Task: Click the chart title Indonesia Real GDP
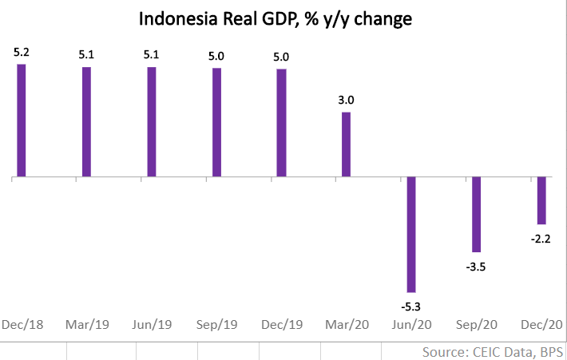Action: pos(276,18)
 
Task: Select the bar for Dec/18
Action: pos(22,120)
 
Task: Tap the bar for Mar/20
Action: pos(347,144)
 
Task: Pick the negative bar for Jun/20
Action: pos(411,234)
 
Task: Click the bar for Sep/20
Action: pos(477,214)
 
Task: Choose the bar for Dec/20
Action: pos(541,200)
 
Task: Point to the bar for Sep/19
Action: pos(216,122)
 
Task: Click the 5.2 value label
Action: pos(22,53)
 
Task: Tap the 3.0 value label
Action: pos(347,101)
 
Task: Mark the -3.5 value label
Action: pos(477,266)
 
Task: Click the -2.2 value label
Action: pos(541,237)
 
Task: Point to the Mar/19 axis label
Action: pos(86,325)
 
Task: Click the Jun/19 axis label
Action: pos(152,325)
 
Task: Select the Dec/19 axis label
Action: pos(282,325)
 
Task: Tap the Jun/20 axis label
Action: pos(411,325)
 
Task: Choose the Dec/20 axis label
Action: pos(540,325)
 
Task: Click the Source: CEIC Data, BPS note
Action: pos(493,351)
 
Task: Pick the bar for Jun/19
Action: pos(152,121)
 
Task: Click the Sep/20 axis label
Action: pos(477,325)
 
